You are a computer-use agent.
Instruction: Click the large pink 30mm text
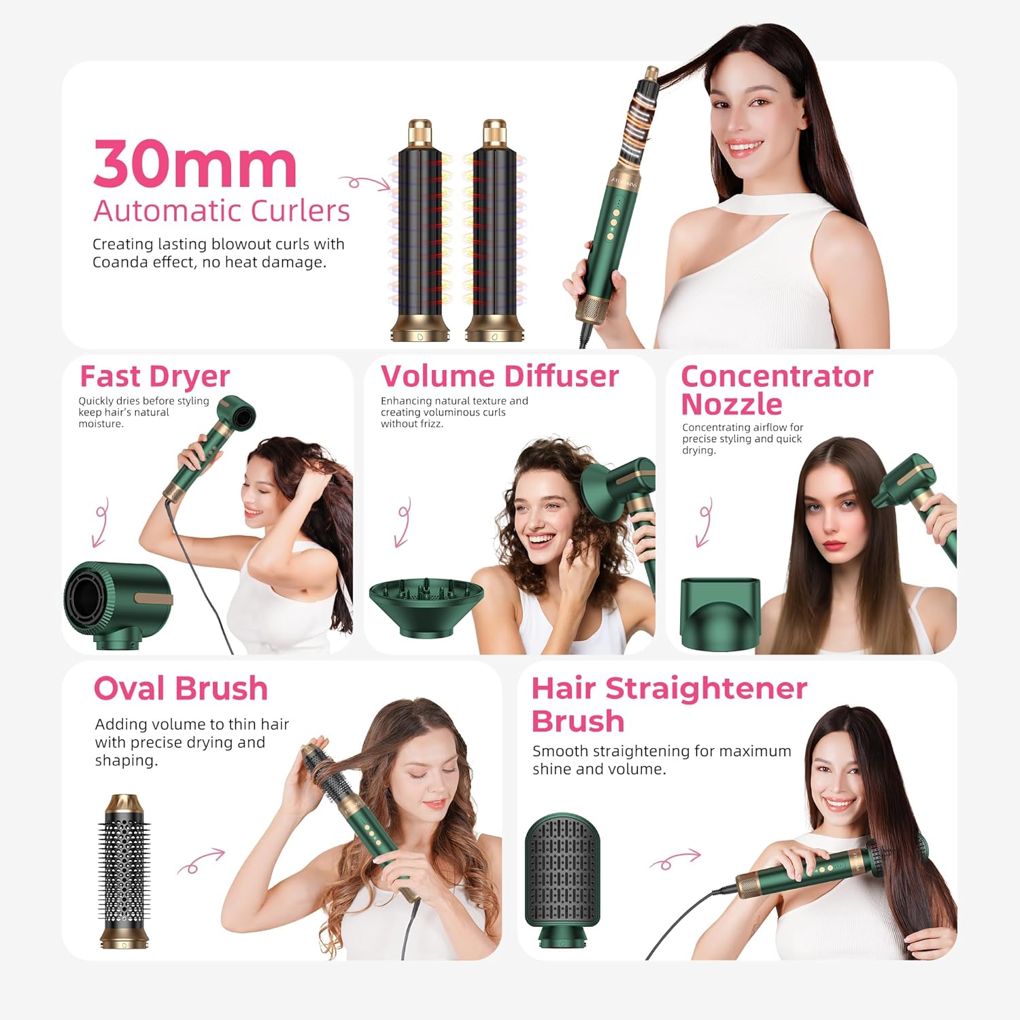point(195,165)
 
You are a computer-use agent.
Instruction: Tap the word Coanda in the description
point(120,262)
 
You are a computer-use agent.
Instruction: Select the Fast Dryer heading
point(155,377)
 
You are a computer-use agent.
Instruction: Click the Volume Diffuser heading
point(500,377)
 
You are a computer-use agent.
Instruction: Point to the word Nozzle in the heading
point(732,405)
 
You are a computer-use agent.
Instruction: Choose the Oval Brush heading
point(181,689)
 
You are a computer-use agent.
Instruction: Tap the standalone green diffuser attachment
point(426,605)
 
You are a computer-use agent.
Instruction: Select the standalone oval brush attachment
point(124,870)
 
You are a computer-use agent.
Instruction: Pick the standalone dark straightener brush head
point(562,877)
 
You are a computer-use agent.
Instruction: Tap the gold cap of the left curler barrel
point(420,132)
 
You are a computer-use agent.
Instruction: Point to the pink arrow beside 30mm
point(364,182)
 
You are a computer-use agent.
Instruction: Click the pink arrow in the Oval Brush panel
point(201,860)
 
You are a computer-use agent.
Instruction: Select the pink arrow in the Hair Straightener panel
point(675,860)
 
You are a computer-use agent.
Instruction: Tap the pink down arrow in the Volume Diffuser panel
point(403,522)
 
